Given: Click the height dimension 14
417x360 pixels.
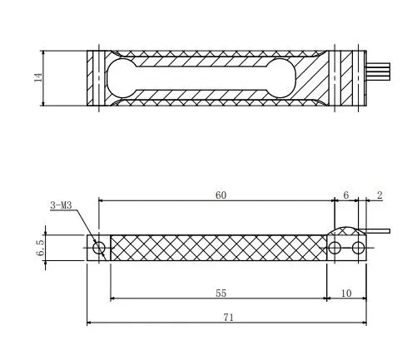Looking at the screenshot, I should (x=37, y=77).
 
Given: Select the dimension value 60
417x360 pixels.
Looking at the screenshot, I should (x=220, y=195).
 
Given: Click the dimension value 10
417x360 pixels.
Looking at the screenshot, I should (x=346, y=293).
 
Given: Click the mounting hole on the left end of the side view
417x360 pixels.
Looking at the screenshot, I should (x=99, y=248).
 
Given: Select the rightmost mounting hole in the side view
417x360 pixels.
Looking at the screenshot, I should (x=358, y=248).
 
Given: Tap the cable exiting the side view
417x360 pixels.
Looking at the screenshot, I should (x=379, y=230).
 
